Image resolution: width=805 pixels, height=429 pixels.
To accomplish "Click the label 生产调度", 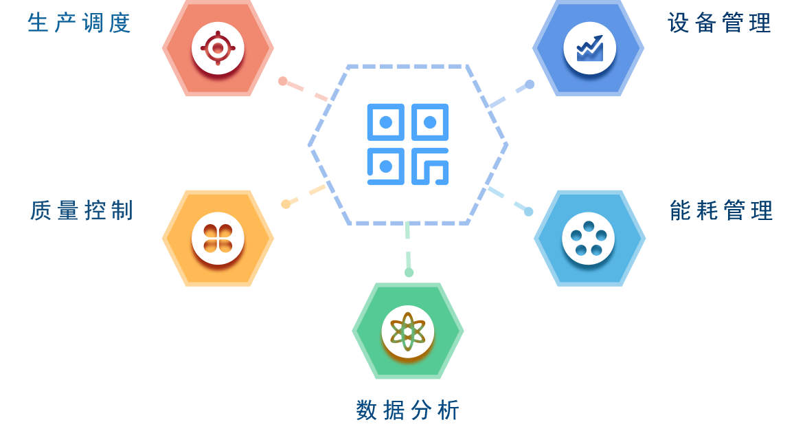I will point(79,23).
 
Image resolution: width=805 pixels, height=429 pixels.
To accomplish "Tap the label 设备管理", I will point(720,23).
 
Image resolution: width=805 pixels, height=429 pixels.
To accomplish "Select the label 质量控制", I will point(82,210).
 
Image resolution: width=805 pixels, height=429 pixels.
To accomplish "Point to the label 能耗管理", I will point(721,210).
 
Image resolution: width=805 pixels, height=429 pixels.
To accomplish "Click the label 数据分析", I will point(407,410).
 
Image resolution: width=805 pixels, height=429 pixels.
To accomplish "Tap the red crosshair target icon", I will point(218,48).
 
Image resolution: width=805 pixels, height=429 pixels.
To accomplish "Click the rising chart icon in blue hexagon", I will point(589,48).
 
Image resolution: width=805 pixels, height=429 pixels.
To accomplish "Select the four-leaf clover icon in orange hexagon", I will point(218,238).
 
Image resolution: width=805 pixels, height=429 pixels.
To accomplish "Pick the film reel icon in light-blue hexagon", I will point(589,238).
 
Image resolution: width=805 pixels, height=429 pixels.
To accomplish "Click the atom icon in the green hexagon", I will point(408,331).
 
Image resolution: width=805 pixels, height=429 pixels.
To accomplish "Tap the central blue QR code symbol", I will point(408,144).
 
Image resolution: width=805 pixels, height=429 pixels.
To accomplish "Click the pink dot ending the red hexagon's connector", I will point(283,81).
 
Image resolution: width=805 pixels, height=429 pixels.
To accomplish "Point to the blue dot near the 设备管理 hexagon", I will point(530,84).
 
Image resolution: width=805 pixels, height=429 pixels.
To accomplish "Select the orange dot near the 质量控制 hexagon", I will point(286,204).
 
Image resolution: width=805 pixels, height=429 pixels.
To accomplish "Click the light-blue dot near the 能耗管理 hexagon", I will point(529,212).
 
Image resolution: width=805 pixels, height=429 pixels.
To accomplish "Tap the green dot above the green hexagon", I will point(409,273).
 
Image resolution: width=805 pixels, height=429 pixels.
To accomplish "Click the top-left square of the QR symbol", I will point(385,122).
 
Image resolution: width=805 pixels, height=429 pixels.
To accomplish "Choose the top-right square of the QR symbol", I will point(430,122).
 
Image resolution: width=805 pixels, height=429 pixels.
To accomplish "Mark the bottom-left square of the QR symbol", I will point(385,166).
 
